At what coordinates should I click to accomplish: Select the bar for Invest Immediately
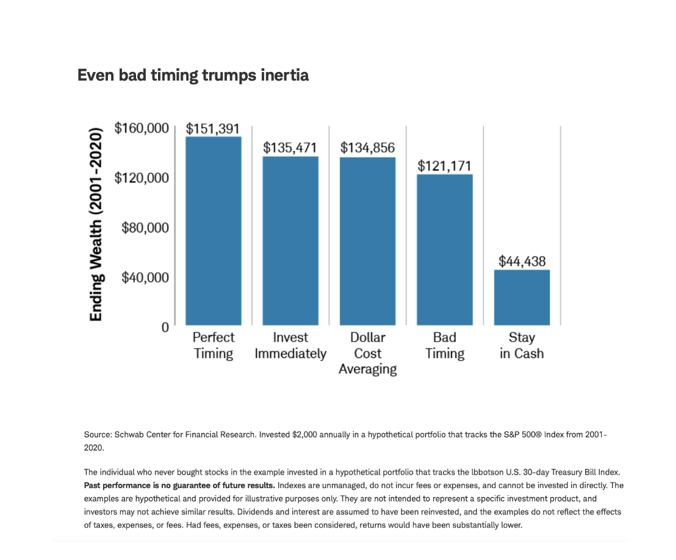pos(290,240)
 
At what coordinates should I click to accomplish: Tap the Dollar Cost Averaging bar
pos(367,241)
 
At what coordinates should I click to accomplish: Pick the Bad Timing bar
pos(445,249)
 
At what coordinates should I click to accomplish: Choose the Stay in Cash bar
pos(522,297)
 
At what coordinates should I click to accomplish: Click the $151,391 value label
pos(213,129)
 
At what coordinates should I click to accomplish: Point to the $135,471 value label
pos(290,148)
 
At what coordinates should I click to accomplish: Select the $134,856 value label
pos(367,148)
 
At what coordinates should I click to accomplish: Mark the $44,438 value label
pos(522,261)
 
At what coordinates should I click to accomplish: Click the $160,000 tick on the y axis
pos(141,129)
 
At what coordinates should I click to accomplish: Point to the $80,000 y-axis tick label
pos(145,228)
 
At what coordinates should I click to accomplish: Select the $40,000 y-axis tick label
pos(145,277)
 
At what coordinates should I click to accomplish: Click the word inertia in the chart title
pos(283,75)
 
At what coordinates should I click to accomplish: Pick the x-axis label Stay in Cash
pos(522,345)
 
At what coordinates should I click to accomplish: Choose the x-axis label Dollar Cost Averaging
pos(367,353)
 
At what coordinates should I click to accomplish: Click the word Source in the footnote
pos(98,435)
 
